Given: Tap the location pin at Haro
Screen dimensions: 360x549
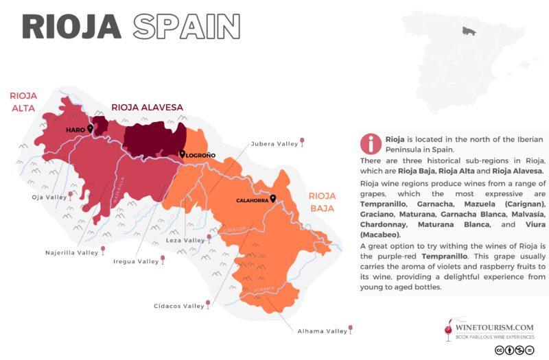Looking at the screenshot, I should point(90,128).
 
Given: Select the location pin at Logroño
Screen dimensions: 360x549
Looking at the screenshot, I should point(182,154).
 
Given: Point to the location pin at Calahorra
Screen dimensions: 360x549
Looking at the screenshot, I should point(273,199).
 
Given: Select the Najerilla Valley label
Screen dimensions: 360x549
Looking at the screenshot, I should point(69,252).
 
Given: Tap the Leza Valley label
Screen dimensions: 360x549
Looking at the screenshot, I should point(186,241).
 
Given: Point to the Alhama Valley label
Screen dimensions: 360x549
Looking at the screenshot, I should point(322,331).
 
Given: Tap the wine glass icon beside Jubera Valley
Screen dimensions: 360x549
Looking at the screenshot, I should point(303,143).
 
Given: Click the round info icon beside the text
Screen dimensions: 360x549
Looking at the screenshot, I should point(371,143).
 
